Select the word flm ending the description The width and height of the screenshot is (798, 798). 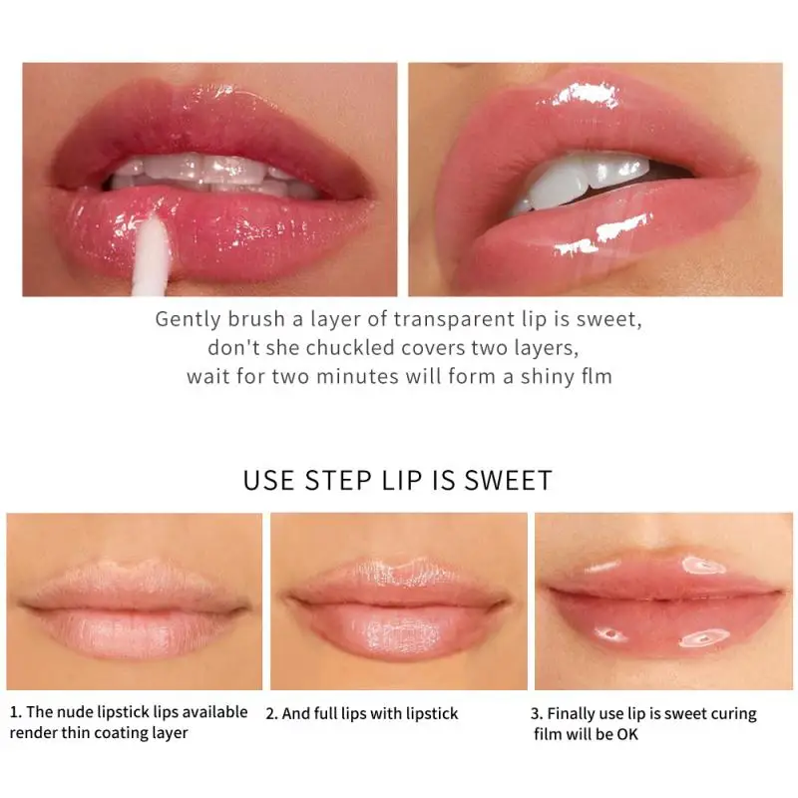coord(595,377)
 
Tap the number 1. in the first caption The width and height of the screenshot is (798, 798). coord(16,712)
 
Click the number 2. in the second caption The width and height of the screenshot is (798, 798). coord(272,714)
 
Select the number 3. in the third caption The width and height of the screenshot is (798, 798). coord(538,714)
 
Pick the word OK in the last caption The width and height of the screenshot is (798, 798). coord(626,735)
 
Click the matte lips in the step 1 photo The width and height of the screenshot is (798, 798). coord(135,608)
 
